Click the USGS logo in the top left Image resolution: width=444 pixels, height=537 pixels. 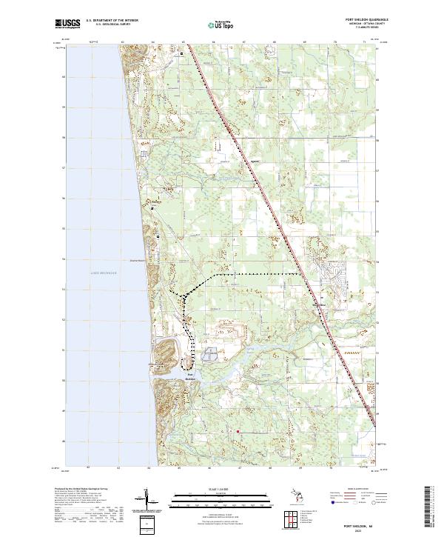[x=67, y=24]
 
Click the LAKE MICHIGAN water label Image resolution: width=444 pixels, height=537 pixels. [x=104, y=273]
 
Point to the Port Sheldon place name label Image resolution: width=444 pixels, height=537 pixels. [x=191, y=376]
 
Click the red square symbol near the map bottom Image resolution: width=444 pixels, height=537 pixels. [x=238, y=431]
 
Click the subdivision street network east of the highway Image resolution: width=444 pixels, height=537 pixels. [x=334, y=278]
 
